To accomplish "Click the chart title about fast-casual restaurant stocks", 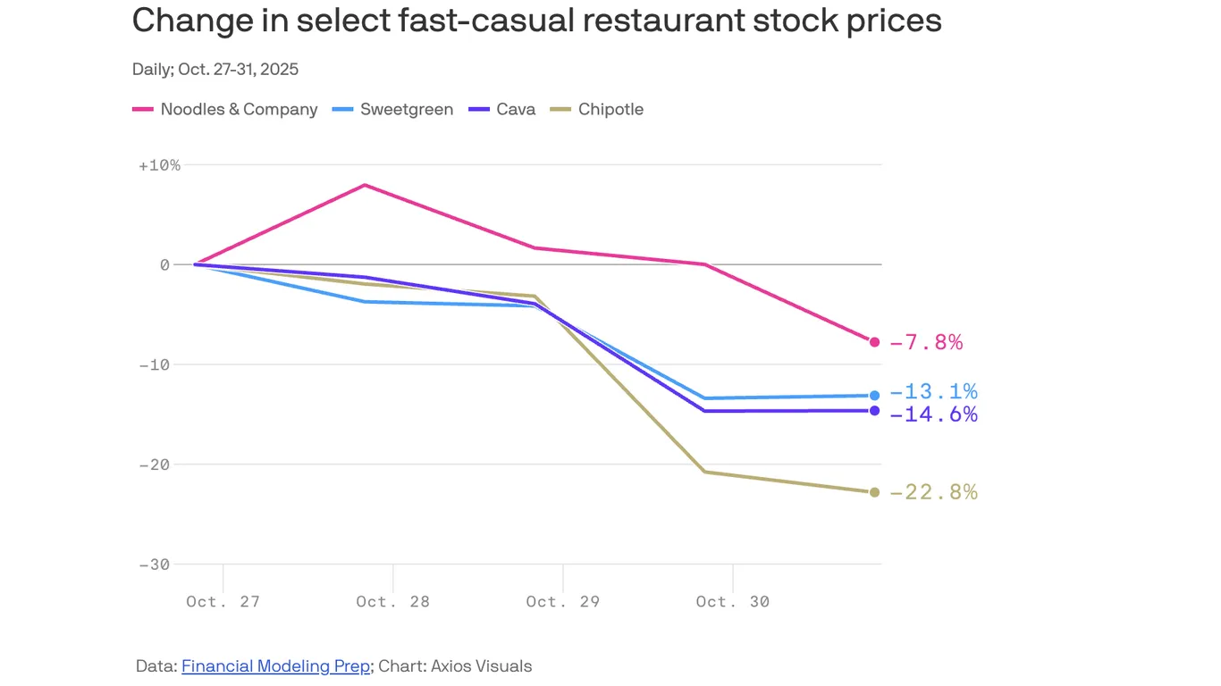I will [x=536, y=21].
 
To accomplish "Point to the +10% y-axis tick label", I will [x=160, y=165].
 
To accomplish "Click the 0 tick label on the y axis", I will [x=164, y=264].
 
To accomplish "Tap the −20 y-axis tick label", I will [x=155, y=464].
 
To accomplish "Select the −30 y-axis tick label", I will [x=155, y=565].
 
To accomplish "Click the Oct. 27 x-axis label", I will [x=223, y=601].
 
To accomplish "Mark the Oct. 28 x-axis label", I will [x=392, y=601].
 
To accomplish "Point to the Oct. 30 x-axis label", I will [x=732, y=601].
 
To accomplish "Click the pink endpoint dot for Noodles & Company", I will [x=874, y=342].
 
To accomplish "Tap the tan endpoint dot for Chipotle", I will [x=874, y=492].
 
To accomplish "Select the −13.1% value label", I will [x=933, y=391].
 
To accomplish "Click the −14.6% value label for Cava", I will [x=933, y=414].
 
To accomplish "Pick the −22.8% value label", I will [x=933, y=492].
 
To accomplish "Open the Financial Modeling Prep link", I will [x=275, y=666].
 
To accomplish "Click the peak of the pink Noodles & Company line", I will [x=365, y=185].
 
